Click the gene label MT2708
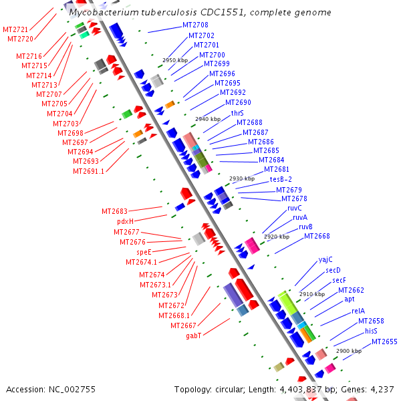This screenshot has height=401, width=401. pyautogui.click(x=195, y=25)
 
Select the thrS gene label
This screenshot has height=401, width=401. pyautogui.click(x=237, y=114)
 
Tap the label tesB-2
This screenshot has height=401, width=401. pyautogui.click(x=281, y=179)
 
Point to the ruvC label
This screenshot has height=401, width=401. pyautogui.click(x=295, y=208)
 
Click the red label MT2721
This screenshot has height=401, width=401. pyautogui.click(x=15, y=30)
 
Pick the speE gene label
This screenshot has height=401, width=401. pyautogui.click(x=144, y=252)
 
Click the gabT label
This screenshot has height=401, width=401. pyautogui.click(x=194, y=336)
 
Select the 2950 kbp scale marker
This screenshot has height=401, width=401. pyautogui.click(x=174, y=60)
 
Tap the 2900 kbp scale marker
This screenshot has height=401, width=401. pyautogui.click(x=348, y=351)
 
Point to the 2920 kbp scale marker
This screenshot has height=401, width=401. pyautogui.click(x=276, y=237)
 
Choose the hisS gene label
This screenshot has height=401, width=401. pyautogui.click(x=371, y=331)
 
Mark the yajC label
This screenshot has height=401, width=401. pyautogui.click(x=325, y=259)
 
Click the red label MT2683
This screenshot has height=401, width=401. pyautogui.click(x=114, y=211)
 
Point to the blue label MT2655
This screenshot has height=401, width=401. pyautogui.click(x=384, y=342)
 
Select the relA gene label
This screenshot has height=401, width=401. pyautogui.click(x=358, y=311)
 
